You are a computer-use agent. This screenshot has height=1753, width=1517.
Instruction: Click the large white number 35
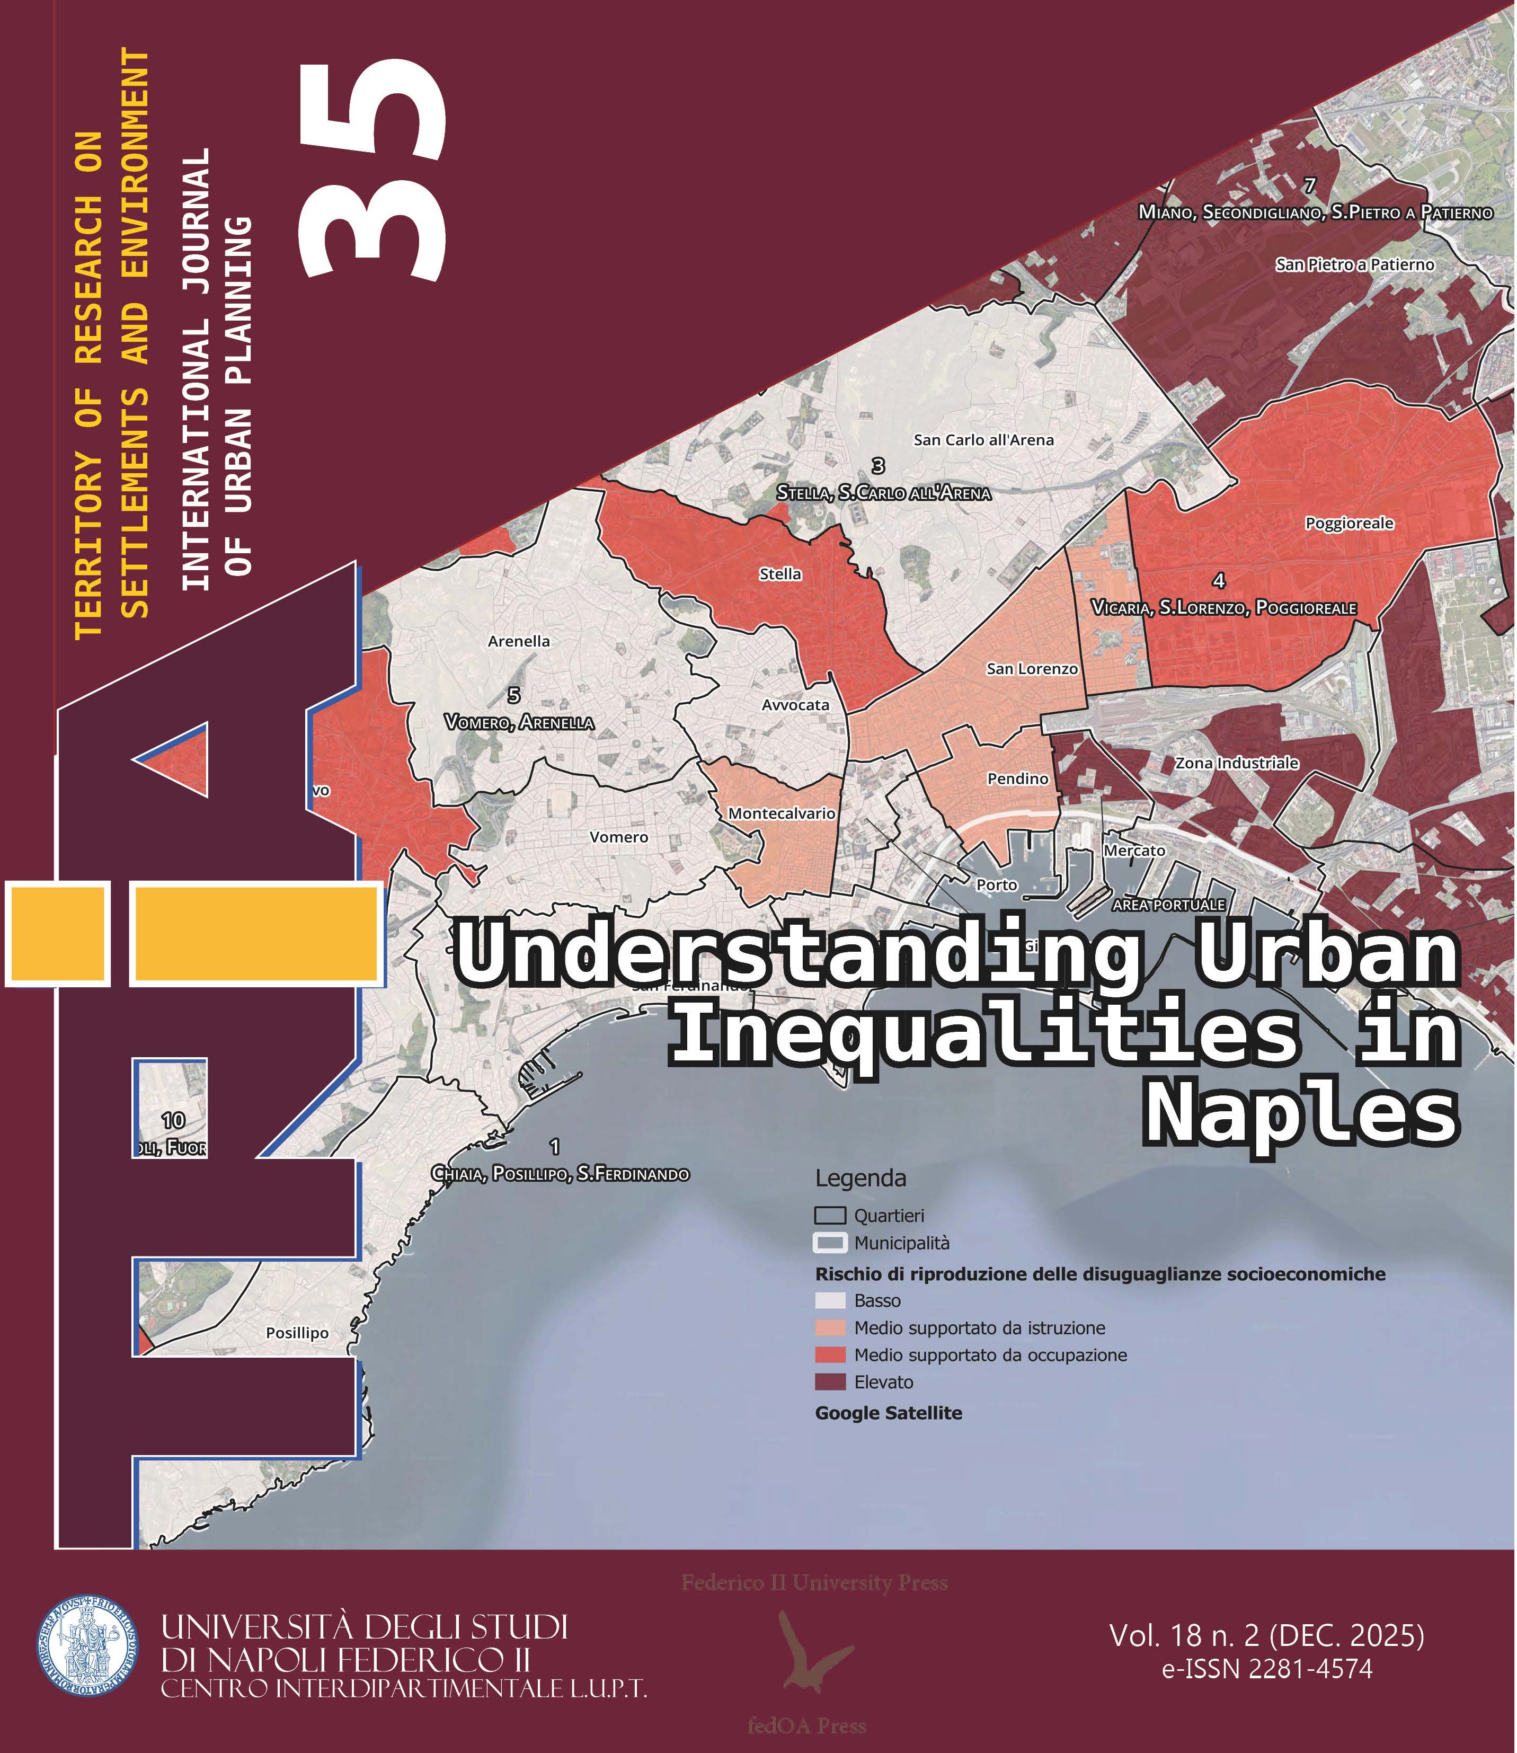(x=372, y=169)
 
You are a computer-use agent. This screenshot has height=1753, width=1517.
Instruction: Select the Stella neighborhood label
(x=779, y=574)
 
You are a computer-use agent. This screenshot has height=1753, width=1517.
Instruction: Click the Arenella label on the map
(x=519, y=641)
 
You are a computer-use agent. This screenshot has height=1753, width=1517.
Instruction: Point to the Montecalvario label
(x=782, y=813)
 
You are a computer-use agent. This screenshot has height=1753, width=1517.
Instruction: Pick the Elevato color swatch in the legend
(x=830, y=1382)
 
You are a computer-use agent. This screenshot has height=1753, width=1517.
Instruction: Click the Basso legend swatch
(x=830, y=1301)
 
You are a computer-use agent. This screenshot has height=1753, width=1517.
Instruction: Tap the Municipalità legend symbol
(x=830, y=1243)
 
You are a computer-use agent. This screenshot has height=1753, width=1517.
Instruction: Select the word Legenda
(x=860, y=1178)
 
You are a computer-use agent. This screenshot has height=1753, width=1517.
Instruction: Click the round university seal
(x=87, y=1645)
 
